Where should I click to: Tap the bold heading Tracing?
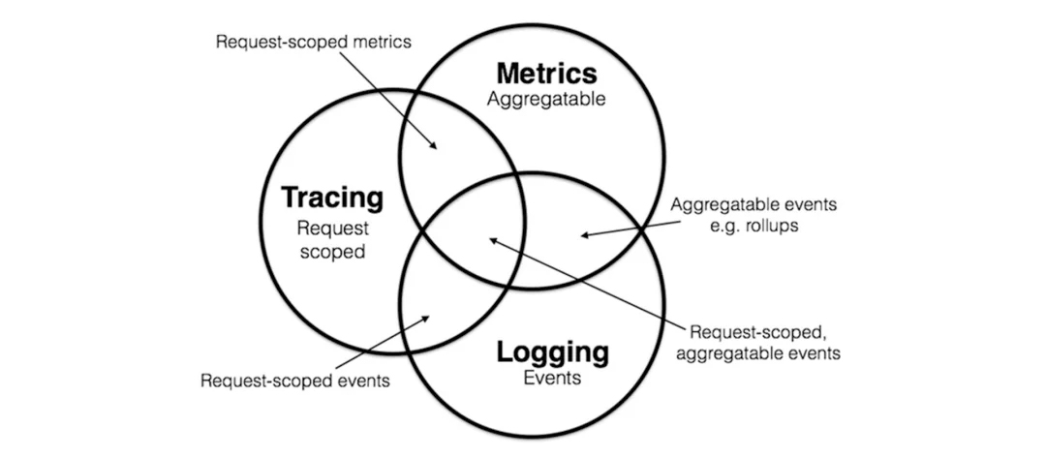(331, 198)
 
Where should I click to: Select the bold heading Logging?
(552, 351)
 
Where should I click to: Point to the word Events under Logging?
(552, 378)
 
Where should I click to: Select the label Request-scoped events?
(294, 381)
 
